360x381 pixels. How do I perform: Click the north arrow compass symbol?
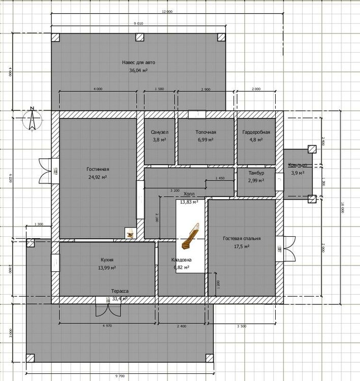point(31,118)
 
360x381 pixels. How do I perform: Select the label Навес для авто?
point(139,62)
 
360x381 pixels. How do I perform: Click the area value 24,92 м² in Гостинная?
point(98,177)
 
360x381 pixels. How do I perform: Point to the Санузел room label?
point(159,132)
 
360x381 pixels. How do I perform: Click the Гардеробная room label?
point(256,132)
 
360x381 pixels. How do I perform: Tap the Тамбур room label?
point(256,173)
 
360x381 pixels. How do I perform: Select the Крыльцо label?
point(298,166)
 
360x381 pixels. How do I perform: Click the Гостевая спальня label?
point(242,238)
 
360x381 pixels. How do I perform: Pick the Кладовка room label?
point(181,260)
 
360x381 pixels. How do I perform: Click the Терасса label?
point(120,291)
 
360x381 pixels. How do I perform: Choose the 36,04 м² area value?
point(139,71)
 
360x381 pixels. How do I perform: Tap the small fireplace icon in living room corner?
point(130,233)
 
